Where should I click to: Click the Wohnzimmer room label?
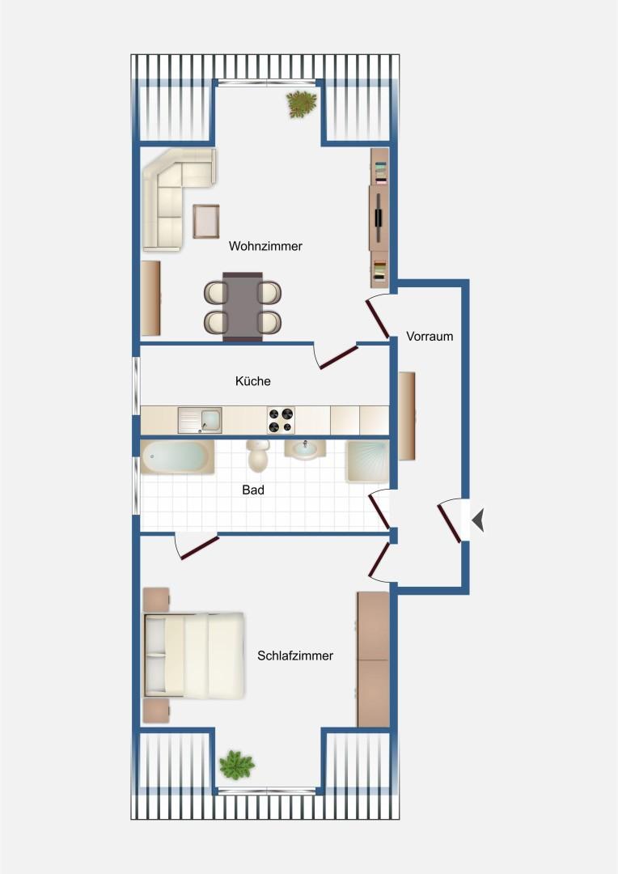(x=265, y=246)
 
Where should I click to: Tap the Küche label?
(x=252, y=381)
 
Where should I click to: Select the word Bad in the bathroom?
(x=253, y=490)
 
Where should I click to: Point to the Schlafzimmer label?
(x=295, y=655)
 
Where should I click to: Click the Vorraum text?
(x=430, y=336)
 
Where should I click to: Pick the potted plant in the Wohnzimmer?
(x=301, y=104)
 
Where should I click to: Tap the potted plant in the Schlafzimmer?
(x=236, y=763)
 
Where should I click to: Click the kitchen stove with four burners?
(x=281, y=420)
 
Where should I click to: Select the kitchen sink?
(x=199, y=420)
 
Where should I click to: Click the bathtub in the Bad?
(x=177, y=457)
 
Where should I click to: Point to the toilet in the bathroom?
(x=258, y=456)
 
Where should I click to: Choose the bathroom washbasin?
(x=305, y=450)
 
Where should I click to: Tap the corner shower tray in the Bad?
(x=367, y=460)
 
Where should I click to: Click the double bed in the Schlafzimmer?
(x=194, y=655)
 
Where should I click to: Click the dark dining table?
(x=243, y=307)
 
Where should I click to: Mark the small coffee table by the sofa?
(x=206, y=221)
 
